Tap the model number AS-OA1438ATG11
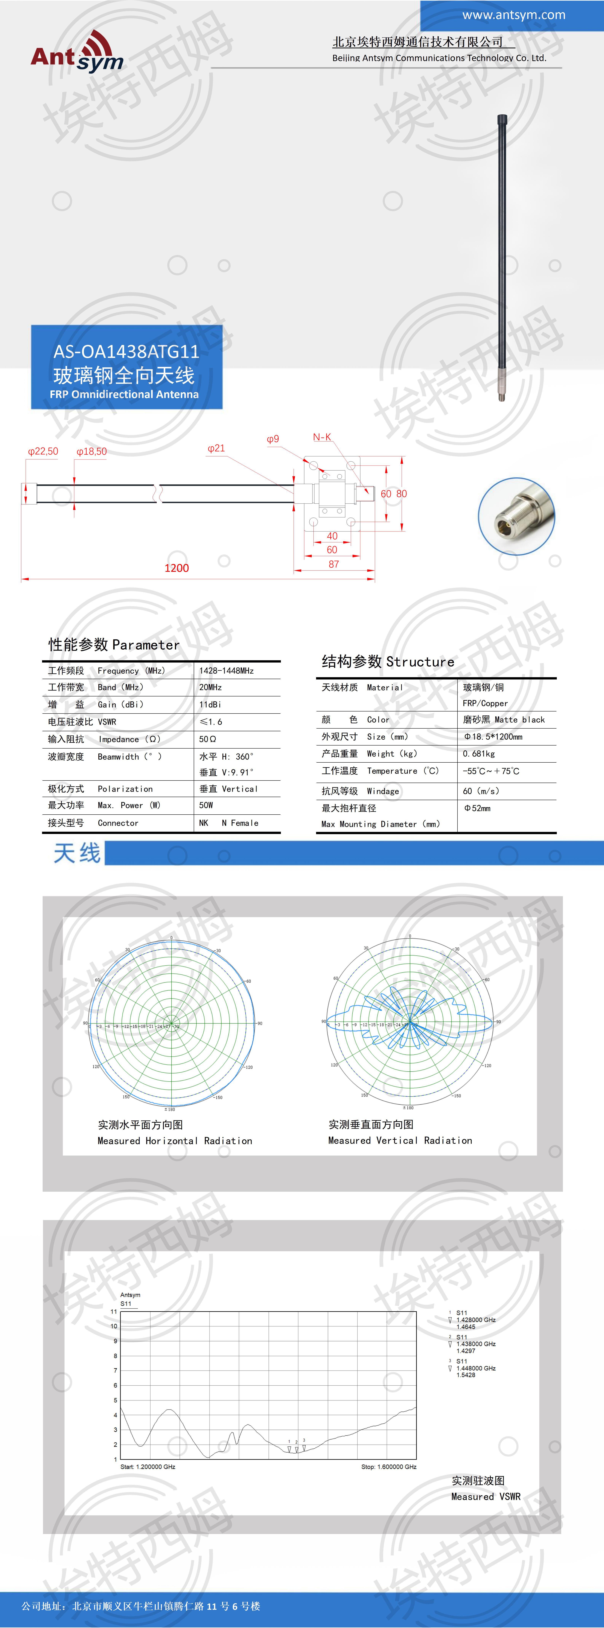(126, 351)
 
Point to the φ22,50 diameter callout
(43, 451)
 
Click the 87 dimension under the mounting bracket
(334, 564)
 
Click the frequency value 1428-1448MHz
(226, 671)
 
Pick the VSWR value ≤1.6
(211, 722)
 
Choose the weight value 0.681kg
(478, 754)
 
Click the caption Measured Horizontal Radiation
(174, 1141)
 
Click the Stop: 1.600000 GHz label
(389, 1467)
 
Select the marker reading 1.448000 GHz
(476, 1368)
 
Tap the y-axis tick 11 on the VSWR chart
(114, 1312)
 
